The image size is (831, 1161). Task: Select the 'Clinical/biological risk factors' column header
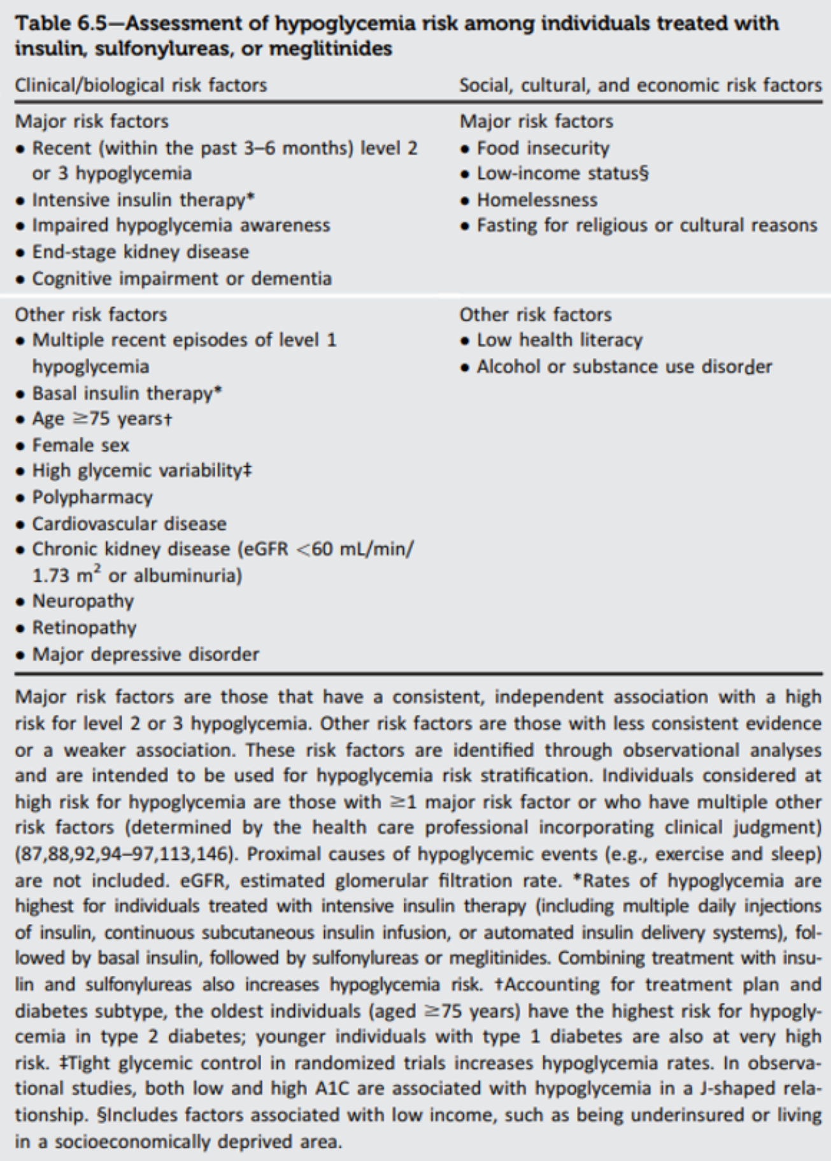tap(141, 85)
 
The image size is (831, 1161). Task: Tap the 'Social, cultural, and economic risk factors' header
tap(640, 85)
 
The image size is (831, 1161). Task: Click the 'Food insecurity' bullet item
tap(543, 148)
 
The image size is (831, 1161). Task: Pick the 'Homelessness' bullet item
tap(537, 200)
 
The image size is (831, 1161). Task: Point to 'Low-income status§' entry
tap(562, 173)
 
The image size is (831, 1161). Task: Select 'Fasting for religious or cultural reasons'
tap(646, 225)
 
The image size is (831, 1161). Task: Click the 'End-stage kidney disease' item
tap(140, 252)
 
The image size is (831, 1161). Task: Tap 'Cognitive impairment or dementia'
tap(181, 278)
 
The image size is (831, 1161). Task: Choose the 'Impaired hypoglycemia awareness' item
tap(181, 225)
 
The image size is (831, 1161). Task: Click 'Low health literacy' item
tap(559, 340)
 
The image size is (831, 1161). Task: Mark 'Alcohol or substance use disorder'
tap(624, 367)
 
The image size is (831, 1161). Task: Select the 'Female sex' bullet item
tap(80, 445)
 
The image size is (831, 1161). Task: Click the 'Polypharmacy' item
tap(92, 497)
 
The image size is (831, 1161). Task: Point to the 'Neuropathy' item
tap(83, 601)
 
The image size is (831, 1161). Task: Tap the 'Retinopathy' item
tap(84, 628)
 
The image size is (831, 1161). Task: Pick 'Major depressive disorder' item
tap(145, 654)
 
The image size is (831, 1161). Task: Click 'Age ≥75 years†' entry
tap(102, 418)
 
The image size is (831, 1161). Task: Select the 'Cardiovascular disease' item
tap(129, 524)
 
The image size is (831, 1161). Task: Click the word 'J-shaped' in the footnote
tap(735, 1088)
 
